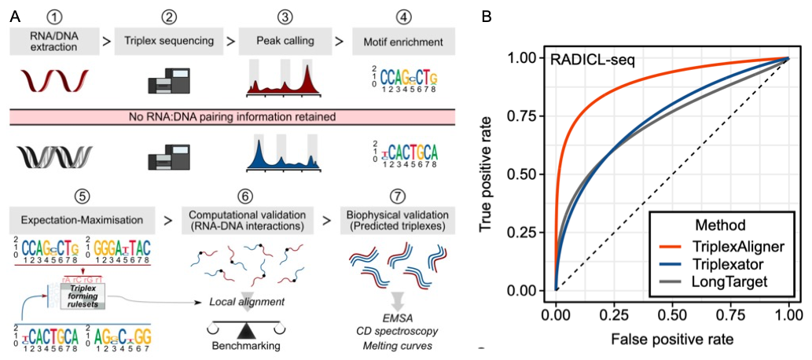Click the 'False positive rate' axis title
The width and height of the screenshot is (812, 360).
click(671, 339)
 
